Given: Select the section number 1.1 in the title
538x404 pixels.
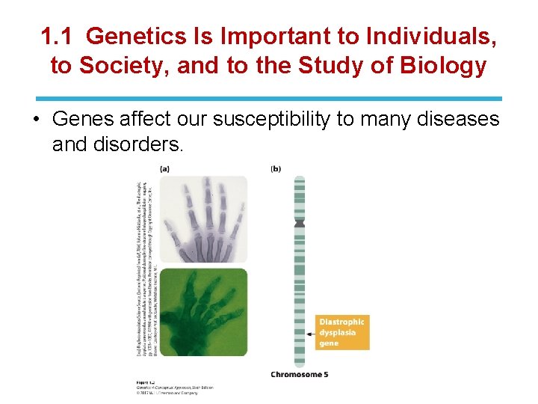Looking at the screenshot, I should (57, 36).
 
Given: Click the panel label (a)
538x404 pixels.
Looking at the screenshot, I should (164, 169).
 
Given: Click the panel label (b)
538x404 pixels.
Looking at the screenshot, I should (276, 169).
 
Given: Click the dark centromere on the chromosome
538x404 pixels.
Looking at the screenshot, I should (300, 222).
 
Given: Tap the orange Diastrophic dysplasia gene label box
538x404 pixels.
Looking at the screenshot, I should (341, 332).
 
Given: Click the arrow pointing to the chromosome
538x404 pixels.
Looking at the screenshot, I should (312, 332).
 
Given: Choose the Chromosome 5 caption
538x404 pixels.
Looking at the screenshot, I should (299, 374).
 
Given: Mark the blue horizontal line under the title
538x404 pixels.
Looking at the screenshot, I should (269, 98).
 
